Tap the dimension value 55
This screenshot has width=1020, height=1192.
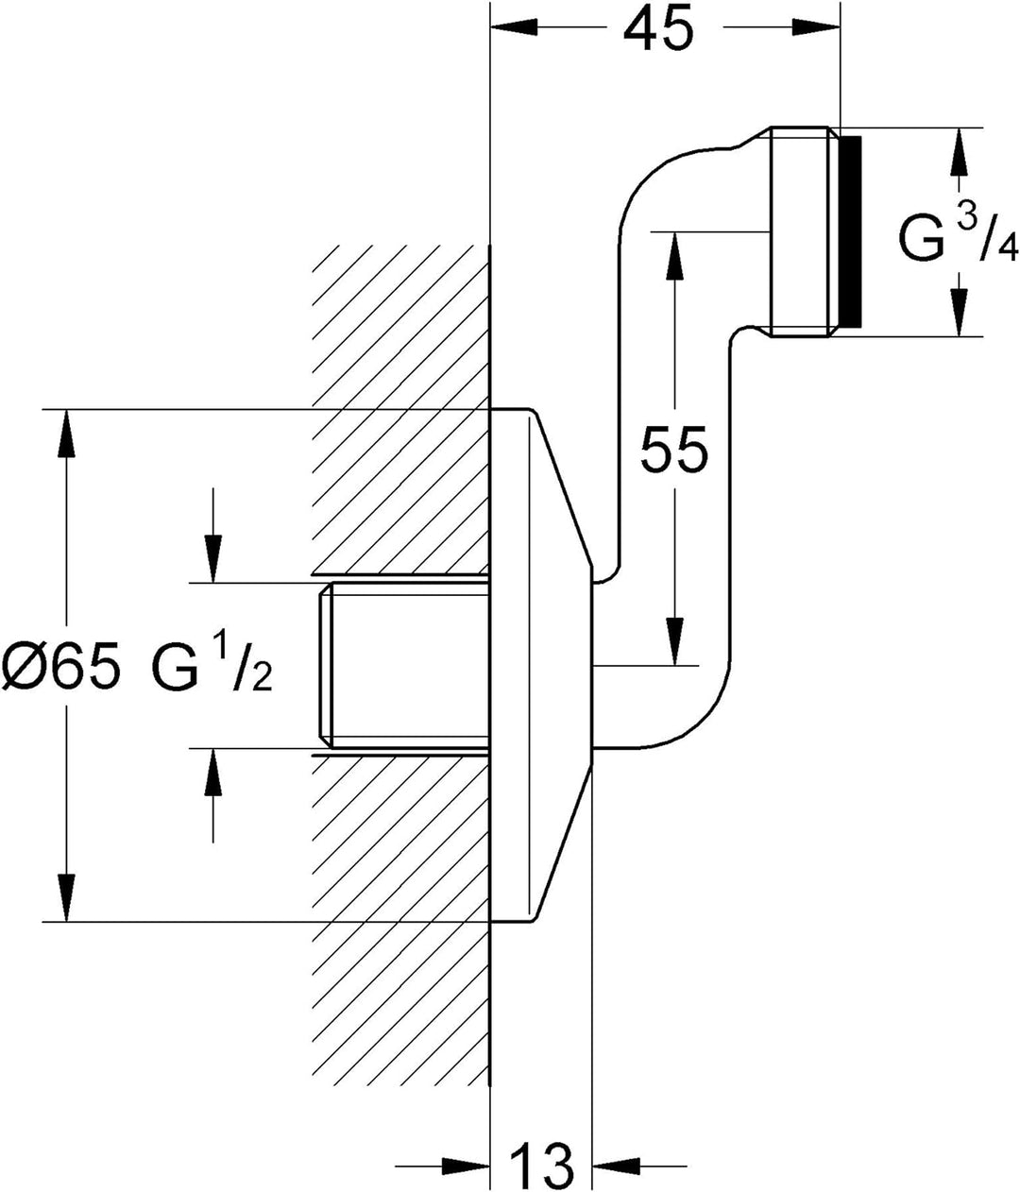tap(673, 450)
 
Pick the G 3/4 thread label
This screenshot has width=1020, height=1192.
tap(958, 236)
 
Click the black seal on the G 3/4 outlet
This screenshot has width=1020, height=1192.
tap(851, 231)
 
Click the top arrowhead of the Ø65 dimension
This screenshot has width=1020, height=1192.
tap(67, 434)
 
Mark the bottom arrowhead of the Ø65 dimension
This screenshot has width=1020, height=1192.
tap(67, 898)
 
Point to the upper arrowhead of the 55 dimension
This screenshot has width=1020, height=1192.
tap(674, 256)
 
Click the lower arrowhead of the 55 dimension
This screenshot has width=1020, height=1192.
tap(674, 641)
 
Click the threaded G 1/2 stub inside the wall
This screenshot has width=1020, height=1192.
tap(404, 666)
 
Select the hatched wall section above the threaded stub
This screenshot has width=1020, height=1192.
tap(400, 409)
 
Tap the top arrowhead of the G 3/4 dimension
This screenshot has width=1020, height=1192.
tap(959, 152)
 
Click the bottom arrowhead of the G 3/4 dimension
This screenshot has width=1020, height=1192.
tap(959, 312)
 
